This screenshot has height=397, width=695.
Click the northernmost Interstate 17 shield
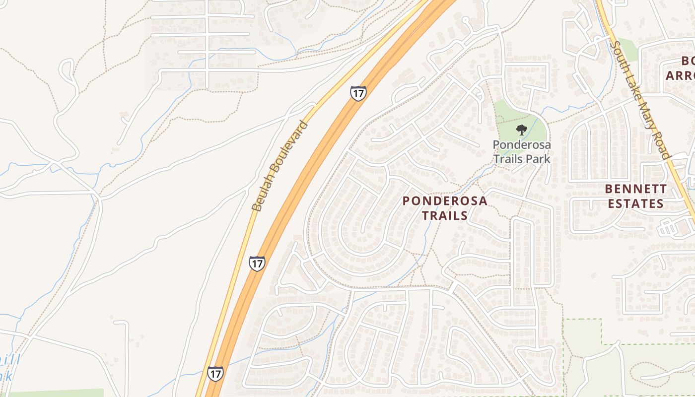(x=358, y=93)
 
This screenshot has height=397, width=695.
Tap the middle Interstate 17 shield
(x=257, y=263)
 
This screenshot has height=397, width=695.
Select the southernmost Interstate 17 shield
(x=215, y=374)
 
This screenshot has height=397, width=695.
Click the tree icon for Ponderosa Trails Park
(x=521, y=130)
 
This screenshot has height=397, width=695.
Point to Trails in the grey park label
(x=509, y=159)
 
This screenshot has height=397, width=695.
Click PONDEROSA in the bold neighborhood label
(x=445, y=201)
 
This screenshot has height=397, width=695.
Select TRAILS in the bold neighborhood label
(x=445, y=215)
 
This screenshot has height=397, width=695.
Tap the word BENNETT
(x=636, y=189)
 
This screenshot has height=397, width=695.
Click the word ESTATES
(x=636, y=203)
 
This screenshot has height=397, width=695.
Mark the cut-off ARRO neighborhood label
(x=680, y=75)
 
